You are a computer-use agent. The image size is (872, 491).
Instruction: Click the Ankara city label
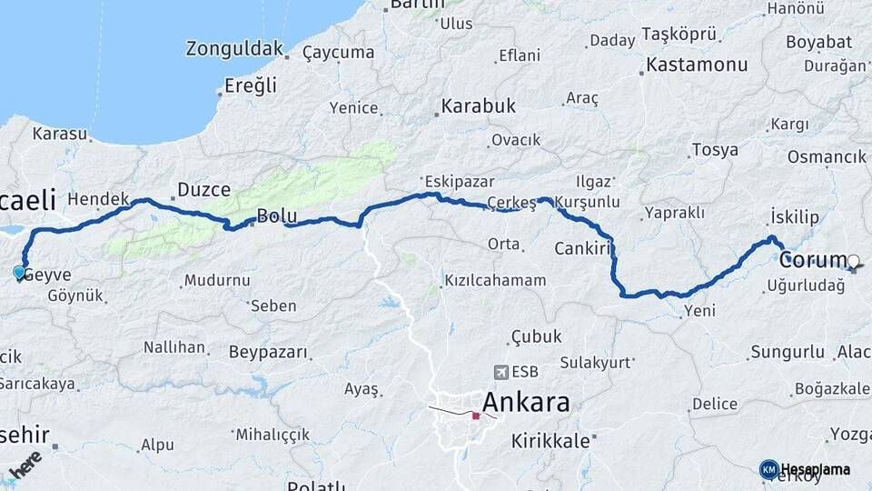pyautogui.click(x=526, y=402)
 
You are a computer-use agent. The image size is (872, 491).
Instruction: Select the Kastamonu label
pyautogui.click(x=697, y=65)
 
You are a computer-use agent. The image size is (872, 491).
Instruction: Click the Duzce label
pyautogui.click(x=203, y=190)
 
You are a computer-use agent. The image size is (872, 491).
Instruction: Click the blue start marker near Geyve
pyautogui.click(x=19, y=272)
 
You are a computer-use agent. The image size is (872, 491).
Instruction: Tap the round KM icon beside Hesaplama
pyautogui.click(x=768, y=469)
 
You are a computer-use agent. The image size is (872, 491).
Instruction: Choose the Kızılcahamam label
pyautogui.click(x=495, y=280)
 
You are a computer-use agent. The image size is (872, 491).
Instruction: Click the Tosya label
pyautogui.click(x=715, y=150)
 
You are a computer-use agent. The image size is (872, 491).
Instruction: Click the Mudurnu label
pyautogui.click(x=217, y=281)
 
